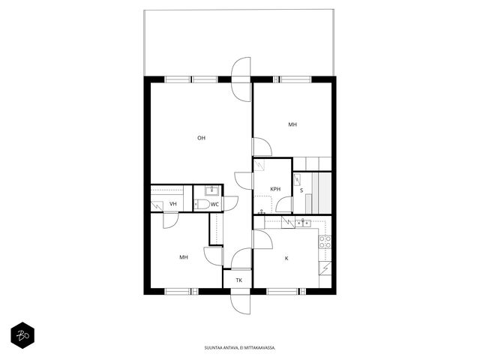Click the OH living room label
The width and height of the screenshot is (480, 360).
201,138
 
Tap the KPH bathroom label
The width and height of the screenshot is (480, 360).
275,189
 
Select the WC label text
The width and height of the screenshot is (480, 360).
214,204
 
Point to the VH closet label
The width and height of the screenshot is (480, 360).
173,204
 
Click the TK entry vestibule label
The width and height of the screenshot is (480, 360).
239,280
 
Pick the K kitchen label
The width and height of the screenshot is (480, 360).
286,258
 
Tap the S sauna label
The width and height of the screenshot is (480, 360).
301,190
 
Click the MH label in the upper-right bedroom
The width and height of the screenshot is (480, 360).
292,124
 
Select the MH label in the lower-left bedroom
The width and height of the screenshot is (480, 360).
184,257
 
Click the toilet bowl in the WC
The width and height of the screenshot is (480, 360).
202,204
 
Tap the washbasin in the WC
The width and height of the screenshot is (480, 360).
211,190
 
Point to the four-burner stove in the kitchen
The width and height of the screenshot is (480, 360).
325,241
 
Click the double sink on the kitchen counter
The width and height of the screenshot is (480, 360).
303,223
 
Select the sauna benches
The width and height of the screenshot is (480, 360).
322,193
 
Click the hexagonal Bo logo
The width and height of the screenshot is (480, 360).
22,335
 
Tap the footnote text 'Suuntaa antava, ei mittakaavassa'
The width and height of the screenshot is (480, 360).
240,348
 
